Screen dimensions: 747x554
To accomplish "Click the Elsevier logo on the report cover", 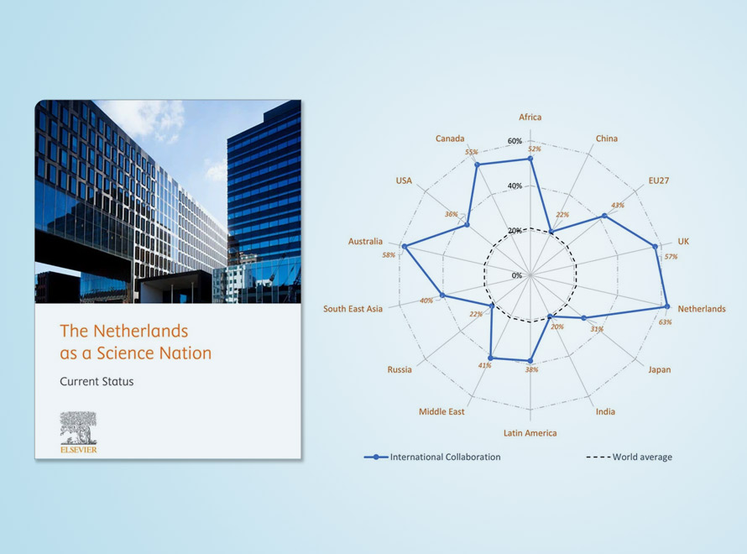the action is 79,432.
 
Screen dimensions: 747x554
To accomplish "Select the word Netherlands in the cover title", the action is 140,331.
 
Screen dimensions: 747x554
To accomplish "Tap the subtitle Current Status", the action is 97,382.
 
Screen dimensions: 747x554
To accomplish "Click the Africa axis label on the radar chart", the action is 530,118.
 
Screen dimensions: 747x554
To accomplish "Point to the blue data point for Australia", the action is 405,246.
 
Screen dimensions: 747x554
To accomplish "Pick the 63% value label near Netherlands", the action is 665,322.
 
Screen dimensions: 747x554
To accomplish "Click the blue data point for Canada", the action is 478,165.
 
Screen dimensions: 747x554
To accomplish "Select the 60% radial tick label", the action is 515,141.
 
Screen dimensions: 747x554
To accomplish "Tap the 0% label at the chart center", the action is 517,275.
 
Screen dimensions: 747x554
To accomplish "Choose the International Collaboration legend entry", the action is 432,457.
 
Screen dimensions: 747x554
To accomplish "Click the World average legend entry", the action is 629,457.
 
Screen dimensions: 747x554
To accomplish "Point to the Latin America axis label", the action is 530,433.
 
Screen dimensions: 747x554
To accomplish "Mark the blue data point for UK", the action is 655,246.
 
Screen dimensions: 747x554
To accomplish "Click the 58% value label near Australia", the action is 389,255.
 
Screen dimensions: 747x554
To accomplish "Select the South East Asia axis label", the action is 353,309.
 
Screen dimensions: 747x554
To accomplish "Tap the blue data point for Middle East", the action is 490,358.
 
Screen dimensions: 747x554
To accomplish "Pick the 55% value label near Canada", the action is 471,152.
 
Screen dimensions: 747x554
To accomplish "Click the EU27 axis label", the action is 659,180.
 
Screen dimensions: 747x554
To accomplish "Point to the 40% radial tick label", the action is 515,186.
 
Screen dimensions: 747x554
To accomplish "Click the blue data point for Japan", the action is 584,318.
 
